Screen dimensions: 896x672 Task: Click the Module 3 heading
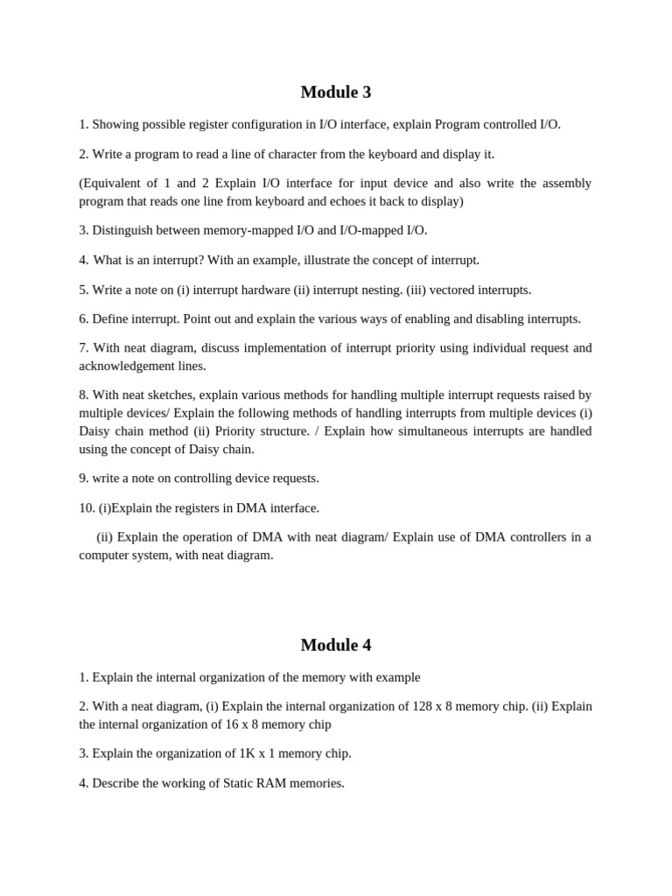click(x=336, y=92)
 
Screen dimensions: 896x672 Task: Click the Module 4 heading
click(x=336, y=645)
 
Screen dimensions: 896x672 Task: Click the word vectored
click(x=451, y=290)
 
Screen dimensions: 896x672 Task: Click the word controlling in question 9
click(x=181, y=478)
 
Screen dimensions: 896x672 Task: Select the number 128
click(x=423, y=706)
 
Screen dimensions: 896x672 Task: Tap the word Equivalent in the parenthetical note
click(x=112, y=183)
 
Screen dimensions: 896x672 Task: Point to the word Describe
click(x=117, y=783)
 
